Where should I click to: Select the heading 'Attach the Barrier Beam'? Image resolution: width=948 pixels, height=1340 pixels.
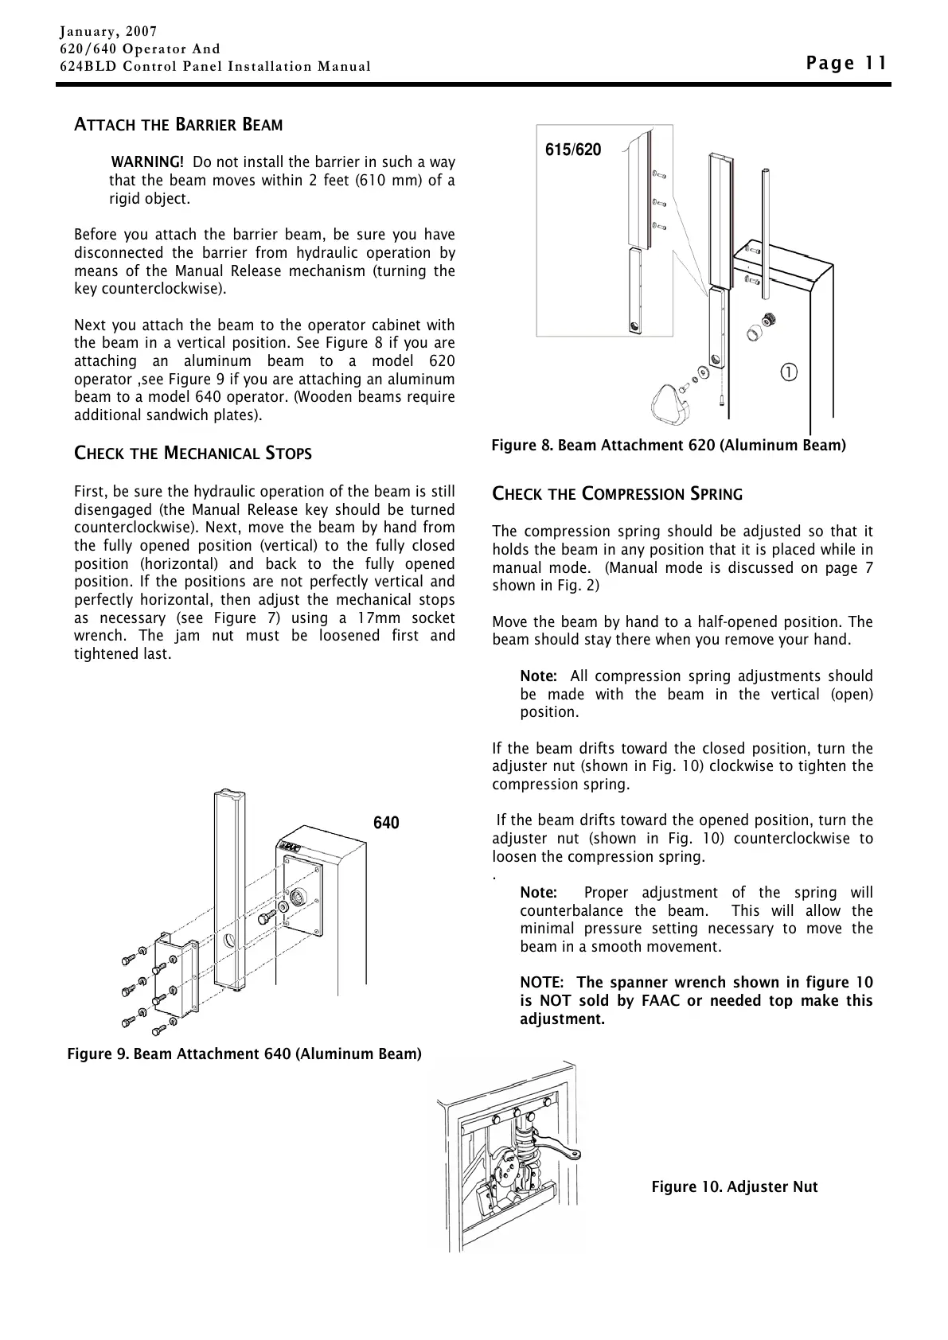(x=178, y=125)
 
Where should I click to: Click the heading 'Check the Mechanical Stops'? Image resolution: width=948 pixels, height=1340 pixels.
(x=193, y=454)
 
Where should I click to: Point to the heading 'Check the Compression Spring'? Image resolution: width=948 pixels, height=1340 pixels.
(x=617, y=494)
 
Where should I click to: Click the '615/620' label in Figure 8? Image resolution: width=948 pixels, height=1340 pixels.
(x=573, y=150)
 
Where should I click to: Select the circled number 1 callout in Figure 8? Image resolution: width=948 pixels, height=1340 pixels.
(x=789, y=372)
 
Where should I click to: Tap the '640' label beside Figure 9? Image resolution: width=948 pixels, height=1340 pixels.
(x=386, y=823)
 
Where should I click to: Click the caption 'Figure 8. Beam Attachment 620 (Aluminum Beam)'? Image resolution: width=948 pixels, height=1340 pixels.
(x=668, y=445)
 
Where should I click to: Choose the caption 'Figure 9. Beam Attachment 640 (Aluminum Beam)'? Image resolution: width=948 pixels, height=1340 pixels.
(x=244, y=1054)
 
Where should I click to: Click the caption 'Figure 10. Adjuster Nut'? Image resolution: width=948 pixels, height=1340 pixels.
(x=734, y=1187)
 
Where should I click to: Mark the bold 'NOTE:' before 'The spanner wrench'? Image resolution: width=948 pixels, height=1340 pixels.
(x=542, y=983)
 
